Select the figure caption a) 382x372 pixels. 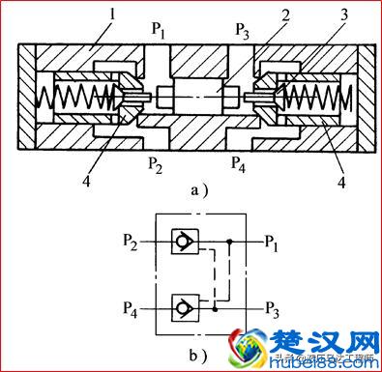pyautogui.click(x=199, y=189)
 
